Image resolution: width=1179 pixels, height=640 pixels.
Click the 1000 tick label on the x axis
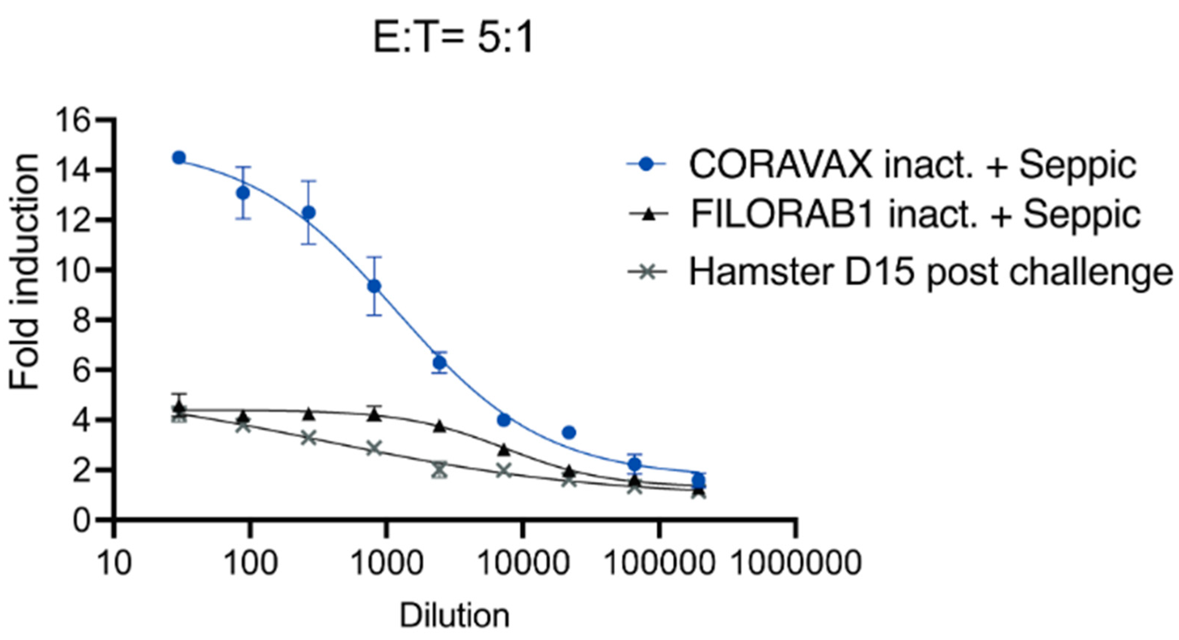387,563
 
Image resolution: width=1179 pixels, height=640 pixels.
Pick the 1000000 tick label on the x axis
797,563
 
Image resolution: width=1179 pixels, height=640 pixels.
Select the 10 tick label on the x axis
114,563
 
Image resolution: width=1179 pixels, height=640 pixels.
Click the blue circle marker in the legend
646,164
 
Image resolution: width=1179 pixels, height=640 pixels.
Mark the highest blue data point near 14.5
179,158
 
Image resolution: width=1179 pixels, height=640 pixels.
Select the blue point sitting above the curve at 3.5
569,432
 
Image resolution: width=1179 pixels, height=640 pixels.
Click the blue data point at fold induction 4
504,420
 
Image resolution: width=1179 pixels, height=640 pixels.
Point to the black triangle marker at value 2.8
504,450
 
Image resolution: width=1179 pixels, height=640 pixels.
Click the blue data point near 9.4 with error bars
374,286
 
